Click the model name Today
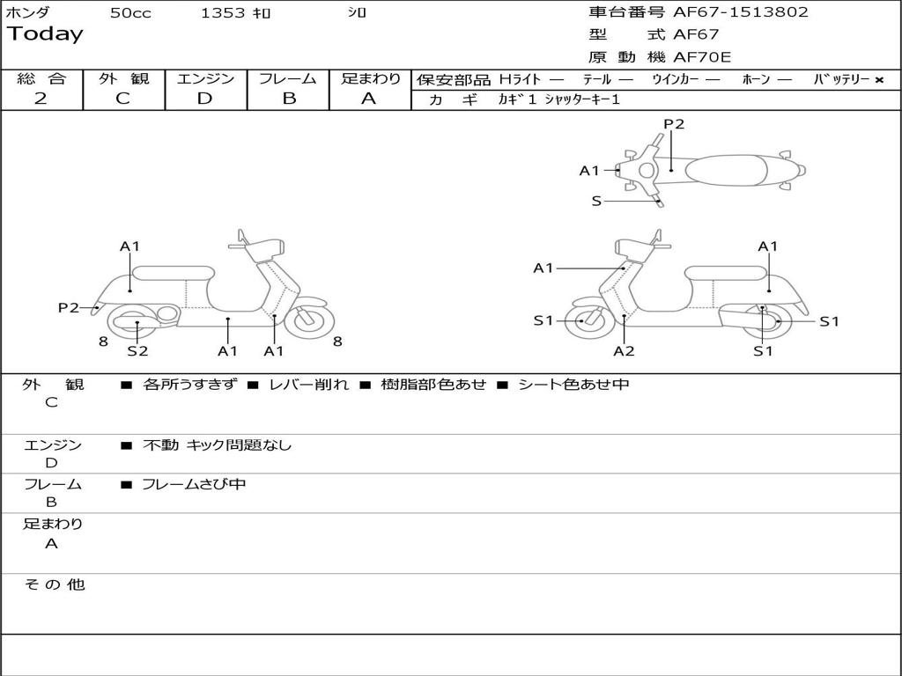pyautogui.click(x=45, y=34)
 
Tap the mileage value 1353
pyautogui.click(x=223, y=13)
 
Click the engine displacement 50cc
pyautogui.click(x=130, y=13)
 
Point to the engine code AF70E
pyautogui.click(x=702, y=58)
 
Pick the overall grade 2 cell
pyautogui.click(x=41, y=99)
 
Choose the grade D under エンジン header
pyautogui.click(x=204, y=99)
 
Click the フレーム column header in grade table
pyautogui.click(x=288, y=79)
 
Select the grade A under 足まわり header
pyautogui.click(x=369, y=99)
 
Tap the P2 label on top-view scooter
pyautogui.click(x=674, y=124)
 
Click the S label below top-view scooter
pyautogui.click(x=596, y=202)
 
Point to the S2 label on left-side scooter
pyautogui.click(x=137, y=351)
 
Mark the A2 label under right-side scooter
pyautogui.click(x=624, y=351)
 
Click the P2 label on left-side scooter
pyautogui.click(x=69, y=307)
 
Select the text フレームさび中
pyautogui.click(x=194, y=484)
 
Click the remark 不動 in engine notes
pyautogui.click(x=160, y=445)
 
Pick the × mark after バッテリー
pyautogui.click(x=879, y=80)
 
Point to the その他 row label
pyautogui.click(x=54, y=584)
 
